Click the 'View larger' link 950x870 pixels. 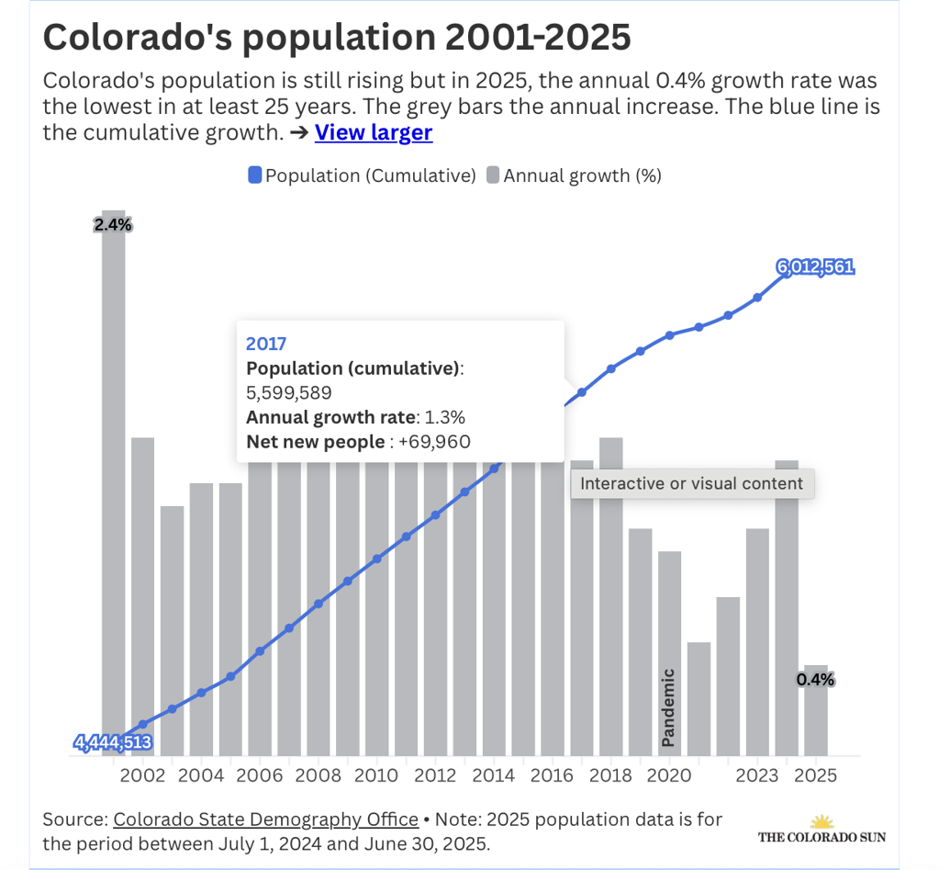point(373,132)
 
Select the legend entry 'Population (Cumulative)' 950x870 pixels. point(362,175)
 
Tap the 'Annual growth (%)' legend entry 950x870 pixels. point(574,175)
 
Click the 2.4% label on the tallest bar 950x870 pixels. point(113,224)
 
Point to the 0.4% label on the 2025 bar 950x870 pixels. point(815,680)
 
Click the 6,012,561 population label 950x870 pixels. point(815,267)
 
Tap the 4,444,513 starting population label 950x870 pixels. point(113,743)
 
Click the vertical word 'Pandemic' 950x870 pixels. point(668,706)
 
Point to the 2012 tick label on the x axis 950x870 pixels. point(435,775)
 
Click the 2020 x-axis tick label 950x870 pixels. point(669,775)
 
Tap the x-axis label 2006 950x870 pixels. point(260,775)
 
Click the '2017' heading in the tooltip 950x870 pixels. point(266,345)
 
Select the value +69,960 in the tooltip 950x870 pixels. point(432,442)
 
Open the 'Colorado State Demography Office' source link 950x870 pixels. point(265,819)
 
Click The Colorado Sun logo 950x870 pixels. point(821,829)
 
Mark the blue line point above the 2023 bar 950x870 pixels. point(757,297)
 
